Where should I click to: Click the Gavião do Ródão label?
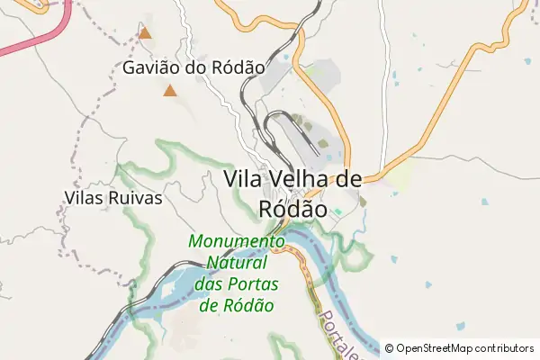click(x=193, y=67)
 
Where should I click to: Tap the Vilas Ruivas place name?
click(x=113, y=198)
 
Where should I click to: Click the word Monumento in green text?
click(x=236, y=242)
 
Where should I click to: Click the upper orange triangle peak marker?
click(x=145, y=34)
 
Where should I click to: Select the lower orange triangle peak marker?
click(x=169, y=91)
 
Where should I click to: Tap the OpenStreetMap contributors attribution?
click(x=458, y=348)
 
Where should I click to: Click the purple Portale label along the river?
click(x=334, y=334)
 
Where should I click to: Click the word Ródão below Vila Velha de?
click(x=292, y=207)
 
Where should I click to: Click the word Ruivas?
click(x=138, y=198)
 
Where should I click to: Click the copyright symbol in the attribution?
click(x=390, y=348)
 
